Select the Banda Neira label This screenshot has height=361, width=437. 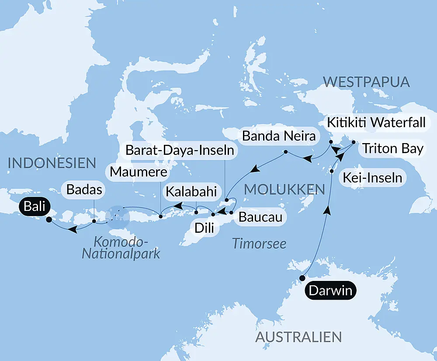pyautogui.click(x=279, y=136)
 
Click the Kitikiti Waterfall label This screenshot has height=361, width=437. pyautogui.click(x=374, y=123)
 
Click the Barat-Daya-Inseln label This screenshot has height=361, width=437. pyautogui.click(x=180, y=151)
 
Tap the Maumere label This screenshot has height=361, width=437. pyautogui.click(x=138, y=172)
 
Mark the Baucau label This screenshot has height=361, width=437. pyautogui.click(x=258, y=217)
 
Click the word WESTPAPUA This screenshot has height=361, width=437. pyautogui.click(x=366, y=82)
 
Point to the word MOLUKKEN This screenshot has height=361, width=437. pyautogui.click(x=284, y=189)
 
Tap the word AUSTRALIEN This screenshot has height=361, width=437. pyautogui.click(x=298, y=337)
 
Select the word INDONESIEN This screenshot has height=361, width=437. pyautogui.click(x=52, y=163)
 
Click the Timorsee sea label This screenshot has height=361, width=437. pyautogui.click(x=259, y=243)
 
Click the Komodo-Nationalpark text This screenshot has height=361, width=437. pyautogui.click(x=121, y=247)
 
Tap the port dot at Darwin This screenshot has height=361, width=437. pyautogui.click(x=302, y=278)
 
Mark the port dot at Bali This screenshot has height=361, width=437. pyautogui.click(x=49, y=220)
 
